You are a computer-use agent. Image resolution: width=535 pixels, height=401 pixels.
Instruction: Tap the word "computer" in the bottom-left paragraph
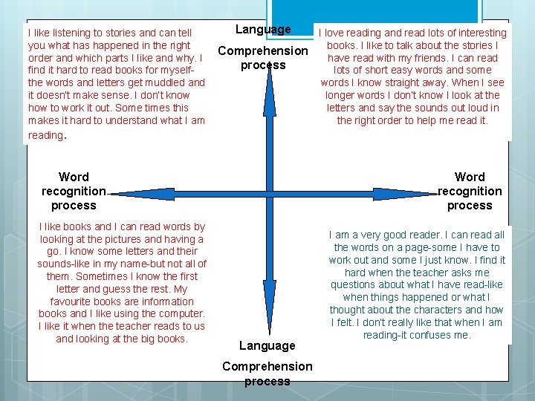click(177, 314)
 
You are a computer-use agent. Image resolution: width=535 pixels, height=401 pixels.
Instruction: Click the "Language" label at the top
click(263, 30)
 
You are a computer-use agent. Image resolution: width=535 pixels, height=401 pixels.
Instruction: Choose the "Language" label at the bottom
click(267, 345)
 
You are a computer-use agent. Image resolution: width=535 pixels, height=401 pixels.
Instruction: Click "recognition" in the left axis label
click(74, 191)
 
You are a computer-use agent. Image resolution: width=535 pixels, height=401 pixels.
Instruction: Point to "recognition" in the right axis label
click(470, 191)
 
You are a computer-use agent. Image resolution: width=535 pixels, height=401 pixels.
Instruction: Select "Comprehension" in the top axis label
click(262, 50)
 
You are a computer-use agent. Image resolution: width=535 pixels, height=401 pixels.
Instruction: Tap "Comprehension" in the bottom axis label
click(267, 366)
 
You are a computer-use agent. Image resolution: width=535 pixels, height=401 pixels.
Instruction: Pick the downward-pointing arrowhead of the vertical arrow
click(270, 327)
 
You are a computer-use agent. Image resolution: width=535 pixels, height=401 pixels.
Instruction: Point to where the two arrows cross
click(270, 194)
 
